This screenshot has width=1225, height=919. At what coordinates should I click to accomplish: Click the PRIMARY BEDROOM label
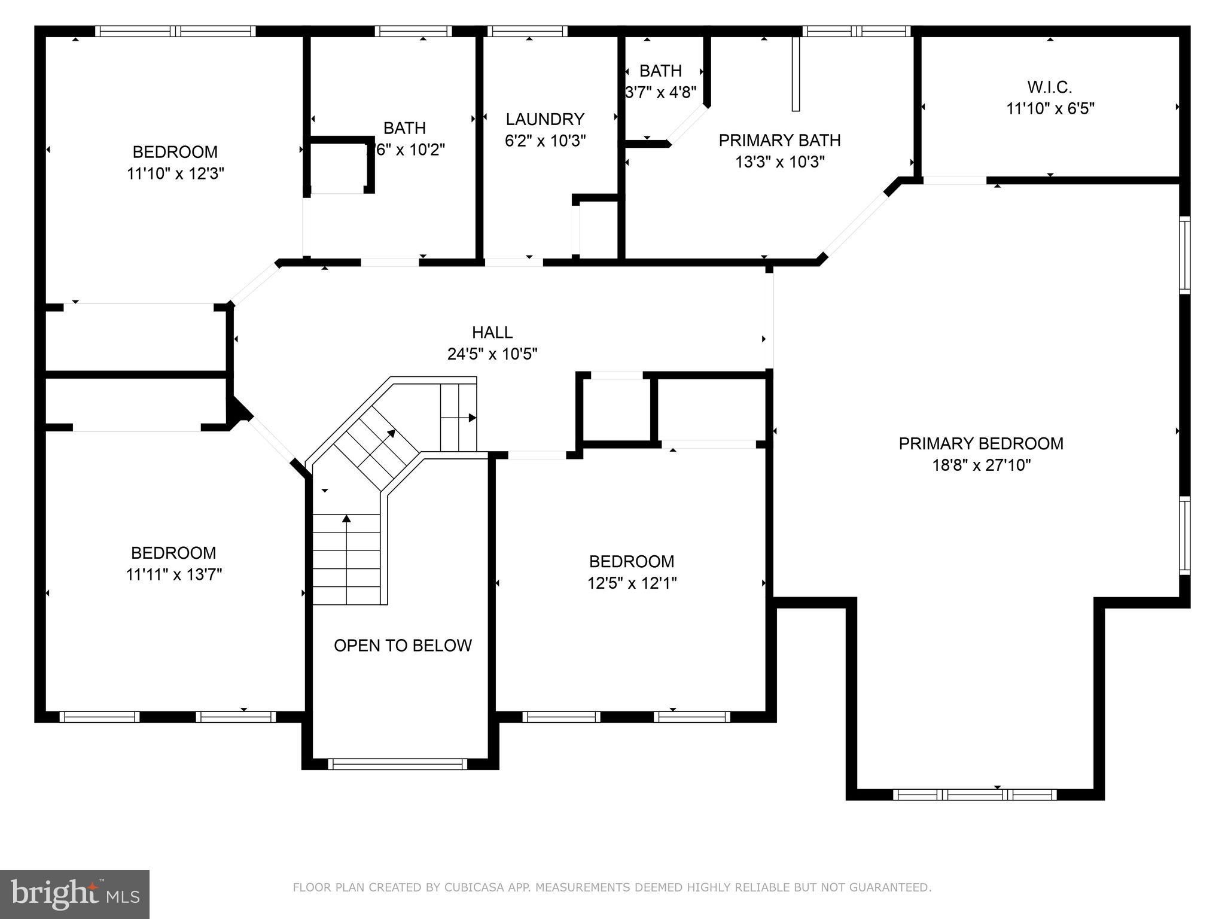tap(981, 443)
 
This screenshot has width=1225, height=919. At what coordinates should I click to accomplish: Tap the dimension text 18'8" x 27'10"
tap(981, 465)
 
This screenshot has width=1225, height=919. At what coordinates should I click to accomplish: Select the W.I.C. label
tap(1050, 87)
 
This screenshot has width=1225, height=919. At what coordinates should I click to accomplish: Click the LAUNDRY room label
tap(544, 119)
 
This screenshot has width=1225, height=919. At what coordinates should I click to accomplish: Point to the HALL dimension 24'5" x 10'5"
tap(492, 354)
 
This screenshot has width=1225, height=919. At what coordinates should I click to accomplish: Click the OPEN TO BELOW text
tap(403, 645)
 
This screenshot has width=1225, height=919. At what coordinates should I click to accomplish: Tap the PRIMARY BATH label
tap(779, 140)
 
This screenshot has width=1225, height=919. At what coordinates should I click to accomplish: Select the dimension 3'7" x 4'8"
tap(660, 92)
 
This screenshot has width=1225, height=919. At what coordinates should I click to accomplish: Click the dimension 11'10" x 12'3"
tap(175, 174)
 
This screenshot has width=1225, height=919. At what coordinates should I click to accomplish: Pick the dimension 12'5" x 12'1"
tap(632, 583)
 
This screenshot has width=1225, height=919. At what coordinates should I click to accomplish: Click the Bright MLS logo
tap(75, 894)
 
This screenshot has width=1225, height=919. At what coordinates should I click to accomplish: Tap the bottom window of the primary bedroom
tap(974, 795)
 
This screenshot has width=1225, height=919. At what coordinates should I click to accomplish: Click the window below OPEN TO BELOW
tap(398, 764)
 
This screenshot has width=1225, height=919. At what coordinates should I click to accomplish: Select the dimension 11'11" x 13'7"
tap(174, 574)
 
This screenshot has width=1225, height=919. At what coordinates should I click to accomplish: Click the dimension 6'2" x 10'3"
tap(545, 141)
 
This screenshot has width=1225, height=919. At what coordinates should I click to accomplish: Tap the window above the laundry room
tap(527, 31)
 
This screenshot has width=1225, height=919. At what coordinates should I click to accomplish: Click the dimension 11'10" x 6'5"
tap(1050, 109)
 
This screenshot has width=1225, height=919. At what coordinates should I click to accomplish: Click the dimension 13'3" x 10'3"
tap(779, 162)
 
